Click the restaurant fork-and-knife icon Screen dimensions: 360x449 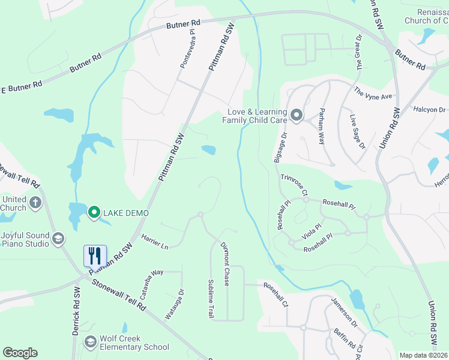click(95, 256)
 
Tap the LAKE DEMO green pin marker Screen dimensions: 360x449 click(94, 212)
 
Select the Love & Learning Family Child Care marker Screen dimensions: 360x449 click(296, 115)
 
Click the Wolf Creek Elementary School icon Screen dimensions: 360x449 click(91, 342)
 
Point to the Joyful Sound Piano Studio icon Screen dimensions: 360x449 click(58, 239)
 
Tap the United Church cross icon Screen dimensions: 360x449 click(35, 203)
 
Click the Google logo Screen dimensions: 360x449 click(20, 353)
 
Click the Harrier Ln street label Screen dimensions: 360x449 click(155, 242)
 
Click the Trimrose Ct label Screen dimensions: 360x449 click(294, 185)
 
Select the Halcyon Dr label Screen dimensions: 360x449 click(430, 110)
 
